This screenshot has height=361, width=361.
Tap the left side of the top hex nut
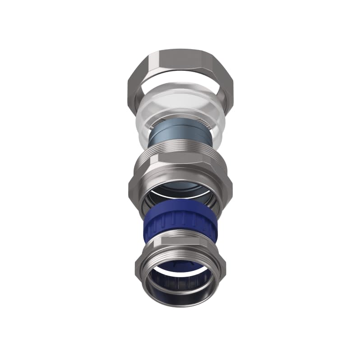[135, 83]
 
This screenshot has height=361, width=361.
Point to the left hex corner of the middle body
[131, 183]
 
